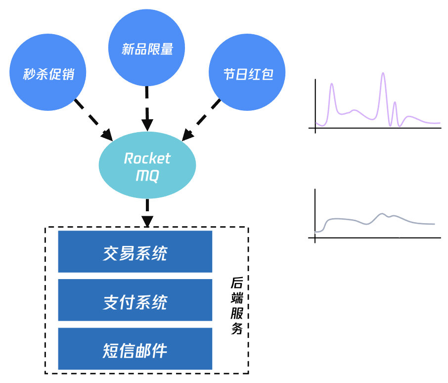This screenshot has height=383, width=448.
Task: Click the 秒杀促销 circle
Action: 48,73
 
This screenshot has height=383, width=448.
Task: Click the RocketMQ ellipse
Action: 147,165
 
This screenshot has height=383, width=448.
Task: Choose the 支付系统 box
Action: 135,300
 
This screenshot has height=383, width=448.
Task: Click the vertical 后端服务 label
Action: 237,306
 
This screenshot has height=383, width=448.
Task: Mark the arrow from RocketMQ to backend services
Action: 147,212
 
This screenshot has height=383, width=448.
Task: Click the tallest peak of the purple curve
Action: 383,74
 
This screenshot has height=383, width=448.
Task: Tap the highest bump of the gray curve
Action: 382,214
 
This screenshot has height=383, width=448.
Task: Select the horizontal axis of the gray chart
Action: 376,238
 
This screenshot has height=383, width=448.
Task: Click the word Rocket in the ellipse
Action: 147,158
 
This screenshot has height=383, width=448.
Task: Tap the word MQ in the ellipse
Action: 147,175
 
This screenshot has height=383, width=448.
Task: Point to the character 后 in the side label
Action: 237,284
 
